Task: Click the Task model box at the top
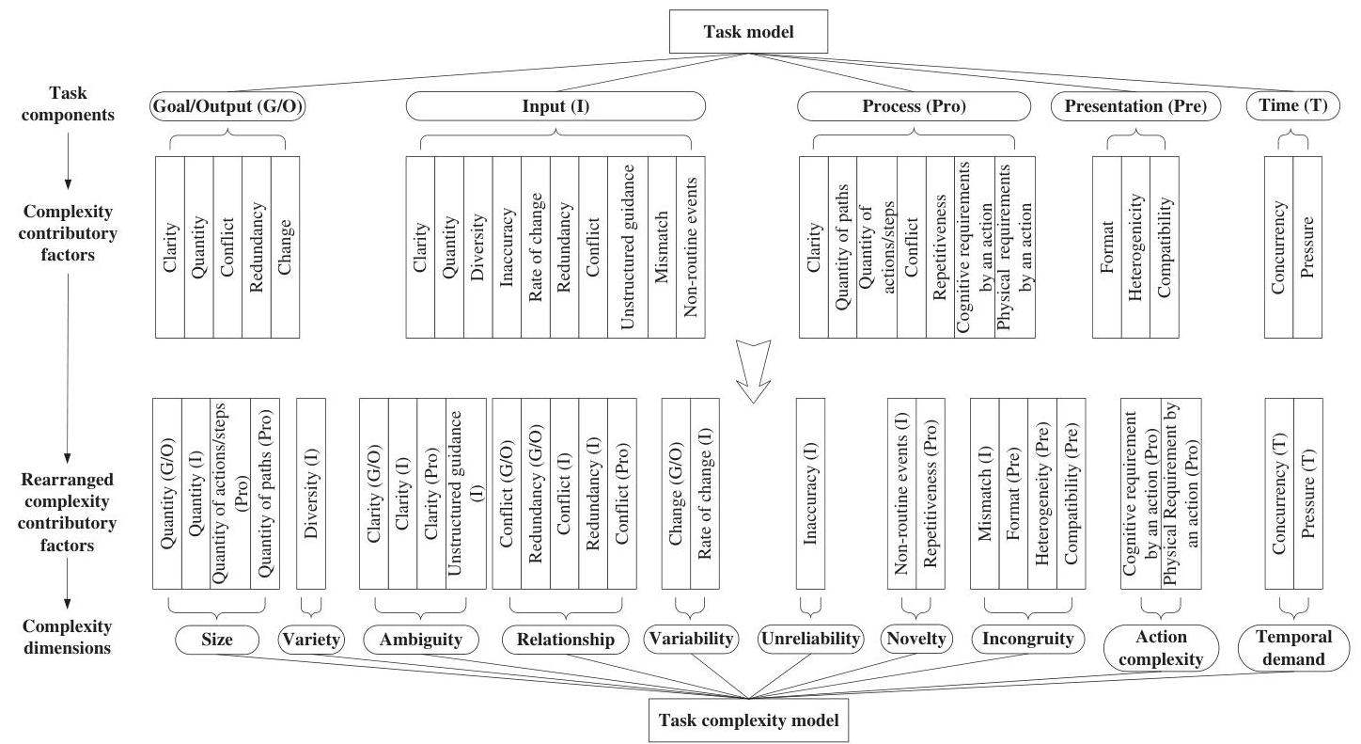click(748, 32)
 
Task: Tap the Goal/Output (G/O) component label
click(228, 107)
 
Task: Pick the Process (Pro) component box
click(914, 107)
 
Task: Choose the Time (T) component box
click(1292, 107)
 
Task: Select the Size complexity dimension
click(217, 640)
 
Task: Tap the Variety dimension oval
click(311, 640)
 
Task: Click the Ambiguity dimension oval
click(420, 641)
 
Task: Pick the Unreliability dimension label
click(810, 640)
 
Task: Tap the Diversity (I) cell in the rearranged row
click(311, 493)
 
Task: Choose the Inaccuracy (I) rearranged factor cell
click(810, 493)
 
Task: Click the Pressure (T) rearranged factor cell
click(1307, 493)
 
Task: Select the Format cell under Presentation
click(1106, 246)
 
